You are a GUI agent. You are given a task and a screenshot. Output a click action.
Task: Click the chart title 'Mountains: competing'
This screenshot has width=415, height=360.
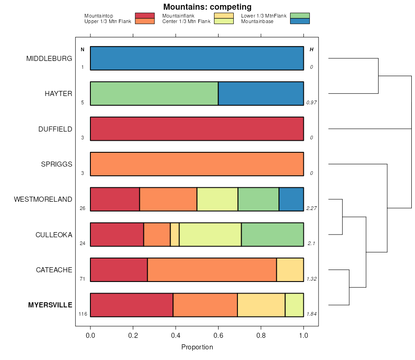click(x=207, y=7)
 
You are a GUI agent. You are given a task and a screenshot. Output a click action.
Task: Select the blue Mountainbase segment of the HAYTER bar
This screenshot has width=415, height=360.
click(x=261, y=94)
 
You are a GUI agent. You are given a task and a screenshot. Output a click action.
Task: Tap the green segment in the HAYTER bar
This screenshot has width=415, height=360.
click(x=154, y=94)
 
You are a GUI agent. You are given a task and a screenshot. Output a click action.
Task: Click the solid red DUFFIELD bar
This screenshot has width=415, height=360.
click(x=197, y=129)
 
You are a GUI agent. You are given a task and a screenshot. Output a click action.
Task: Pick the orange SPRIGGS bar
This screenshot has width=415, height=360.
click(x=197, y=164)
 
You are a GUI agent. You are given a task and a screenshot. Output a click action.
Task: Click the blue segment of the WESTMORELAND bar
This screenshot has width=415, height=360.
click(x=291, y=199)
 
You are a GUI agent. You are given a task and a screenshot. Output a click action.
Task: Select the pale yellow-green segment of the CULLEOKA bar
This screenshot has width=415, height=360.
click(x=210, y=234)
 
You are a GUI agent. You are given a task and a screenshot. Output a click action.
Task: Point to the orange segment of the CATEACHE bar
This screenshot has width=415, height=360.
click(x=212, y=270)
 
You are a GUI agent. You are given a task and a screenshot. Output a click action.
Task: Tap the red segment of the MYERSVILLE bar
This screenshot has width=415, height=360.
click(x=131, y=305)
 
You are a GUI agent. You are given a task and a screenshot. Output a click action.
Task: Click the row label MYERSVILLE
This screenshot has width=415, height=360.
click(x=50, y=305)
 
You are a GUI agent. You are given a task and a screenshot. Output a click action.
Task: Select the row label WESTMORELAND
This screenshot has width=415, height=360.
click(x=43, y=199)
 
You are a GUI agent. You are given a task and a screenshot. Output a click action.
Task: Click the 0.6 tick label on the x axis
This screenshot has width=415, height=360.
click(x=218, y=336)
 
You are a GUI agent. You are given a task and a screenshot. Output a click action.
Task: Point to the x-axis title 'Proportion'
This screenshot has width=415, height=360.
click(x=197, y=347)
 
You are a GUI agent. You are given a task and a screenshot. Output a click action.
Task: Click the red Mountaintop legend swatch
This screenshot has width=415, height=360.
click(x=144, y=16)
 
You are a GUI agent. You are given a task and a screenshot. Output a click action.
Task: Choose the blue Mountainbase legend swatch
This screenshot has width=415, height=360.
click(x=300, y=21)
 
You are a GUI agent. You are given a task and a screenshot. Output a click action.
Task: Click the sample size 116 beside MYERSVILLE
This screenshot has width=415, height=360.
click(x=83, y=314)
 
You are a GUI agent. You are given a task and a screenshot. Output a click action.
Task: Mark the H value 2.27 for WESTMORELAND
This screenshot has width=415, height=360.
click(x=312, y=208)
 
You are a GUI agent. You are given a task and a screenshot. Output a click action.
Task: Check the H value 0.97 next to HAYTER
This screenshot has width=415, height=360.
click(x=312, y=102)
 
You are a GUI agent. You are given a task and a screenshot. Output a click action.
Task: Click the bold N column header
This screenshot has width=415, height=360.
click(x=83, y=49)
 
